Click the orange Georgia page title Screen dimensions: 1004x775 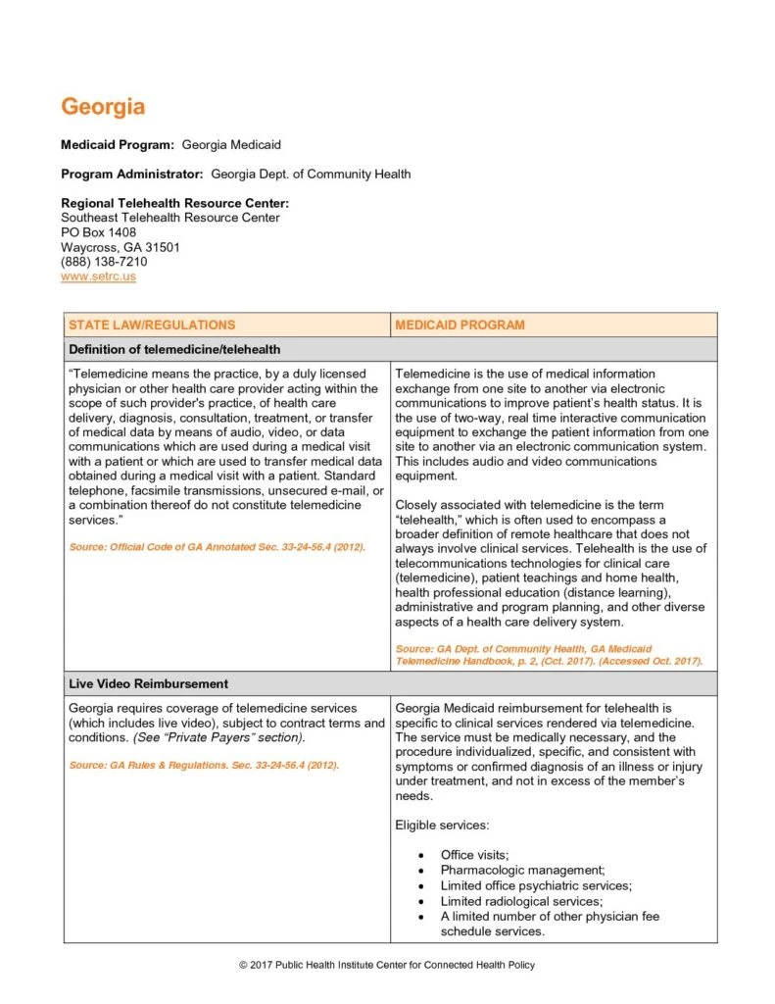103,106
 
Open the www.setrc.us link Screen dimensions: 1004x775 98,276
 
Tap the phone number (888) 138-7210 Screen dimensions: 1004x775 104,262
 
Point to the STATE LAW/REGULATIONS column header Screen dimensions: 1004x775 152,325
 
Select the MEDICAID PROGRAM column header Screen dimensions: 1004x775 460,325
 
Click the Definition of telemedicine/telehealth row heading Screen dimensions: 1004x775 174,349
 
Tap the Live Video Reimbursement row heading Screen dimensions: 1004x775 148,683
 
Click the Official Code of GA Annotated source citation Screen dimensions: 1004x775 217,546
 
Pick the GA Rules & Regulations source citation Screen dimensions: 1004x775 204,765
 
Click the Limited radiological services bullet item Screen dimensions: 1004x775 521,901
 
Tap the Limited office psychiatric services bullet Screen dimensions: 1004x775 536,885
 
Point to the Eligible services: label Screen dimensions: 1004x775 441,826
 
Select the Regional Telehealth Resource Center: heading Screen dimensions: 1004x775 174,203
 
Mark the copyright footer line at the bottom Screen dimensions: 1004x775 387,966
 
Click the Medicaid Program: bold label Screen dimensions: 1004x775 118,145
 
